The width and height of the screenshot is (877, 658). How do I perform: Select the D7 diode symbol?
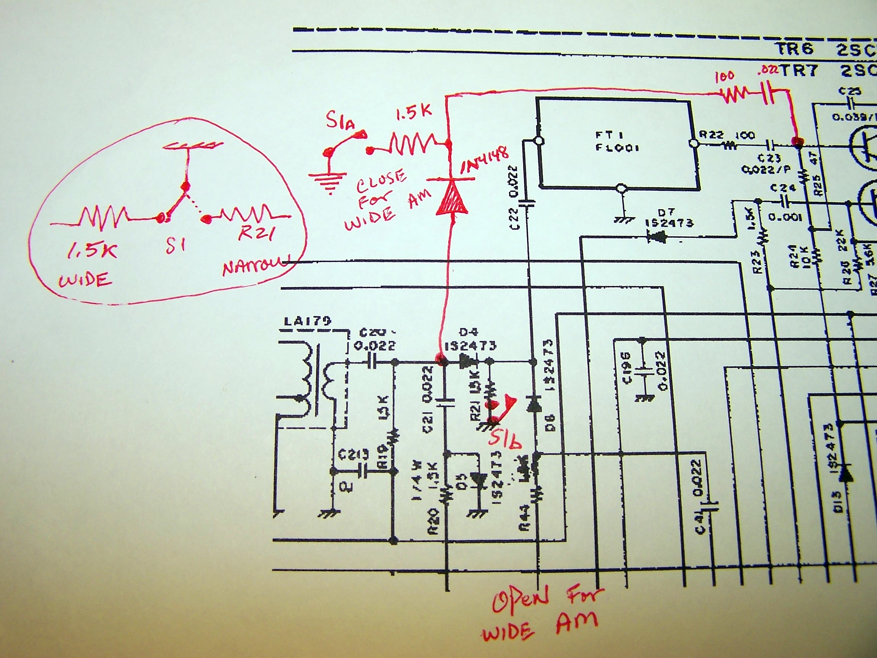pos(656,238)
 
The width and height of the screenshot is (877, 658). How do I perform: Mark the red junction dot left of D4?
pos(440,360)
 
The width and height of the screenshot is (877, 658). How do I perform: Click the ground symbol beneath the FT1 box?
pos(623,219)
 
